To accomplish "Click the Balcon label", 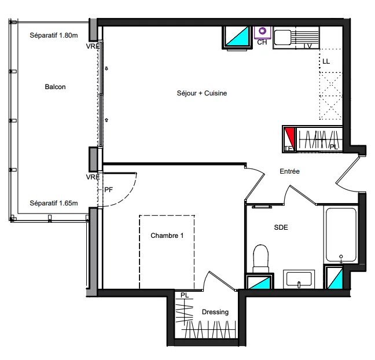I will (x=55, y=87).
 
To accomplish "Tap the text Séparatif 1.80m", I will (x=53, y=35).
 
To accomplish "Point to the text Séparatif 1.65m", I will (x=53, y=203).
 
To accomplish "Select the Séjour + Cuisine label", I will (x=201, y=93).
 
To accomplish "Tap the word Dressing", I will (x=215, y=312).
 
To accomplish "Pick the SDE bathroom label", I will (x=281, y=227).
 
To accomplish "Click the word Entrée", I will (x=289, y=171).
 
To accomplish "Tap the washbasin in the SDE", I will (x=299, y=278).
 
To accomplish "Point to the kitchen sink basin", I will (x=283, y=38).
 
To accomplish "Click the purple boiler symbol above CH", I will (x=263, y=31).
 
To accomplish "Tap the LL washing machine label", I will (x=326, y=61).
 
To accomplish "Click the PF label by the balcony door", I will (x=108, y=189).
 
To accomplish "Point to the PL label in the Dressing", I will (x=184, y=296).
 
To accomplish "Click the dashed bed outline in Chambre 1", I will (x=166, y=252).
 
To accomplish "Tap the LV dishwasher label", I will (x=307, y=46).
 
